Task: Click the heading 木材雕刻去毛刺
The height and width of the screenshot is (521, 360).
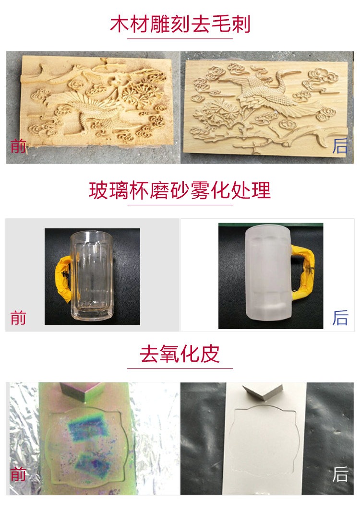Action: click(x=180, y=24)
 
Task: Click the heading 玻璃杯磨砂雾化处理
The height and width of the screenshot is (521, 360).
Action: click(x=180, y=190)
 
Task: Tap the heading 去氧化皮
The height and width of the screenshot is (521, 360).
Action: click(x=180, y=354)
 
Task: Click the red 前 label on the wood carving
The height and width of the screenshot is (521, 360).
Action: click(x=18, y=146)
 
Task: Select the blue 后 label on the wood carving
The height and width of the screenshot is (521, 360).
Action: click(x=340, y=146)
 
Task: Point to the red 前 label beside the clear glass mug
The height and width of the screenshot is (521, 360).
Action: click(x=18, y=318)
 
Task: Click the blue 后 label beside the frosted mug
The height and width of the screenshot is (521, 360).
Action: click(x=340, y=318)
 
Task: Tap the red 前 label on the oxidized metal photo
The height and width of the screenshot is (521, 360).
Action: click(x=18, y=474)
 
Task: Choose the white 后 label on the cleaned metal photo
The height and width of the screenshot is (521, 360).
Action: click(x=340, y=474)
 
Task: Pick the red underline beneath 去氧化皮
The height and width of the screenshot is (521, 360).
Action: click(x=180, y=368)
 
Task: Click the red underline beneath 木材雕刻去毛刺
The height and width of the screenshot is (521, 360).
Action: click(x=180, y=38)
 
